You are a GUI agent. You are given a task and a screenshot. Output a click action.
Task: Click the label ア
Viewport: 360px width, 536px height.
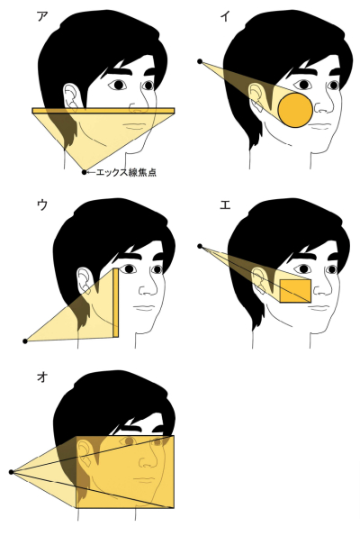[41, 16]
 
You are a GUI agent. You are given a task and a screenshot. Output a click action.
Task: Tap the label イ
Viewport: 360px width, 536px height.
[224, 16]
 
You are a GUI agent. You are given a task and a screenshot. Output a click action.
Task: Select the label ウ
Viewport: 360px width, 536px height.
[41, 204]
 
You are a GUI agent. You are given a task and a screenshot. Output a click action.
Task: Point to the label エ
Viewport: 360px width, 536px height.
[225, 204]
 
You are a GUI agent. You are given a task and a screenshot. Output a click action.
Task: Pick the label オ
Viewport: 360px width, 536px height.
[41, 377]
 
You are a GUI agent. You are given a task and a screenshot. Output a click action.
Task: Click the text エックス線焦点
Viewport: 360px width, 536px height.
[126, 172]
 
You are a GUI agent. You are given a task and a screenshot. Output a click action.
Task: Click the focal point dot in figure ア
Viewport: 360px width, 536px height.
[84, 172]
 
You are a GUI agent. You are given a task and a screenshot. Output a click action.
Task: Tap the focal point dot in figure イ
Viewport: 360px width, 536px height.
[200, 61]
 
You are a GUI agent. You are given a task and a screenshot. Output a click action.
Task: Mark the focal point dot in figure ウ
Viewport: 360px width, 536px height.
[25, 341]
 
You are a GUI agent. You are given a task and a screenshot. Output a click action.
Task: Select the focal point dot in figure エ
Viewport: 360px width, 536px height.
[200, 246]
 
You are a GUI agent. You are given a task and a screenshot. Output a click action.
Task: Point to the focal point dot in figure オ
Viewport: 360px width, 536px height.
[12, 472]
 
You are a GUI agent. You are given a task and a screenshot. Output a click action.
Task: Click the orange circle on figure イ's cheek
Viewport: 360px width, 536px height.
[295, 110]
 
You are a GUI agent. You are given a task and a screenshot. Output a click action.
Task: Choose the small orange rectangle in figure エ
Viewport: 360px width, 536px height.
[295, 291]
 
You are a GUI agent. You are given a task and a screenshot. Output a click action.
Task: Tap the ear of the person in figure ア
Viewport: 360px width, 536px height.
[72, 97]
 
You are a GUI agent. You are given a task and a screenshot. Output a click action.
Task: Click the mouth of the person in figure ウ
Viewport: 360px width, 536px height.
[145, 308]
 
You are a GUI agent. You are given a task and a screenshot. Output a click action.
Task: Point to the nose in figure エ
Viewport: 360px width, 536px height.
[322, 288]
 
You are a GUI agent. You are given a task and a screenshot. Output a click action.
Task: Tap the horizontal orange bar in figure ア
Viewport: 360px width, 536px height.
[103, 111]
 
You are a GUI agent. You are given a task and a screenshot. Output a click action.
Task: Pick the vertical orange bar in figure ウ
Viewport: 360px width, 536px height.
[116, 303]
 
